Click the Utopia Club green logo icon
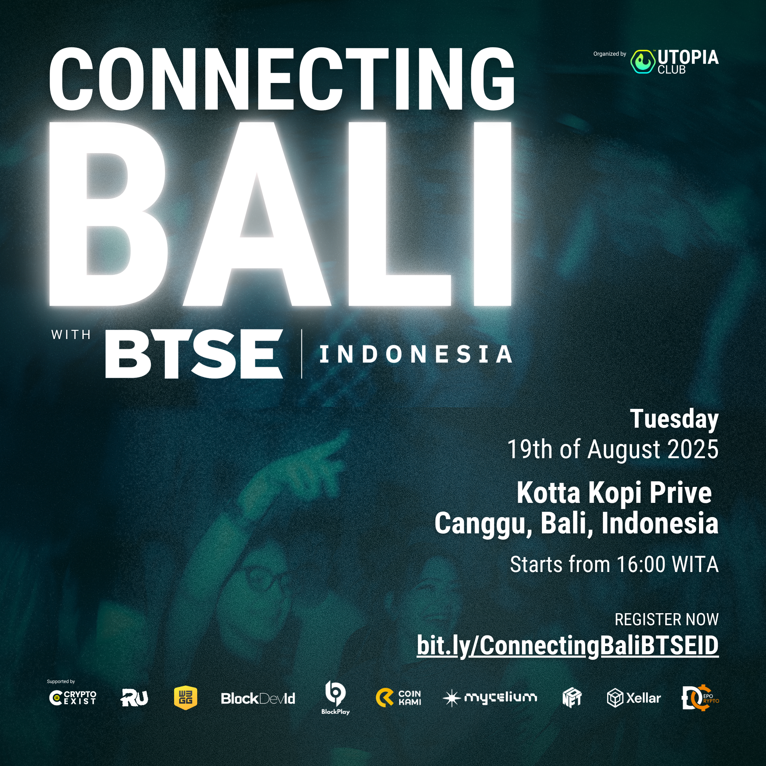pos(642,61)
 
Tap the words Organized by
pos(609,54)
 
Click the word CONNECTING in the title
pos(282,79)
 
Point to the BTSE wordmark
pos(194,354)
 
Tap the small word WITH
pos(71,335)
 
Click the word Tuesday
pos(674,419)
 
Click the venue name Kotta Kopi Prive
pos(614,493)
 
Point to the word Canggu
pos(483,523)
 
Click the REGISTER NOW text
pos(666,619)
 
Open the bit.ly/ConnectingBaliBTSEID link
pos(567,645)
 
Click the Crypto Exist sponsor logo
pos(73,698)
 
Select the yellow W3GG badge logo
pos(185,698)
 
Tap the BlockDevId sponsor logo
pos(258,699)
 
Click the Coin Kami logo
pos(399,698)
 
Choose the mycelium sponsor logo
pos(490,698)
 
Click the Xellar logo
pos(634,698)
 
